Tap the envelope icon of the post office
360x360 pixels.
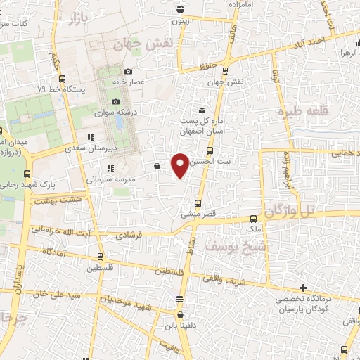202,110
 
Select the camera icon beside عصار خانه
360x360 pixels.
127,72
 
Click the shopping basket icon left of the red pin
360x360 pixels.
156,167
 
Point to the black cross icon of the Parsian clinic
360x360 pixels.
303,288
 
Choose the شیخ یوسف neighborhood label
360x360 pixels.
226,245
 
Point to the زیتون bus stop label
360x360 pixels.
181,22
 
